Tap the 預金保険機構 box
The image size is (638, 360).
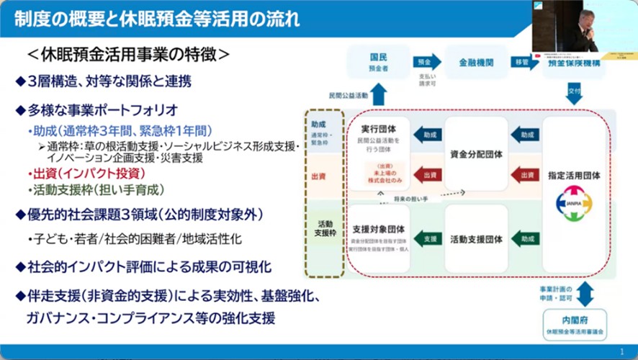[574, 63]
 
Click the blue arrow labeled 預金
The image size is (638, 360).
[427, 62]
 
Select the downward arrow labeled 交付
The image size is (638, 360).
[574, 93]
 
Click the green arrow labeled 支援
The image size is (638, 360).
[428, 238]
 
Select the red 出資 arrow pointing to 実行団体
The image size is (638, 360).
[428, 174]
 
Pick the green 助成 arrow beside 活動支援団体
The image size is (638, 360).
[525, 238]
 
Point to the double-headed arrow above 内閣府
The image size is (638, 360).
[584, 294]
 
